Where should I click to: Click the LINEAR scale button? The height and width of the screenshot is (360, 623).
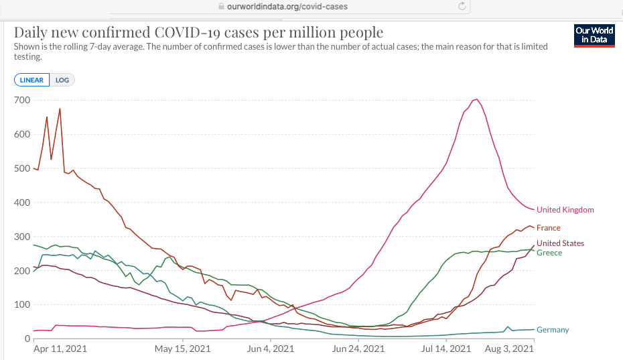coord(31,80)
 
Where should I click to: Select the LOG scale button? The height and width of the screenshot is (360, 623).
coord(62,80)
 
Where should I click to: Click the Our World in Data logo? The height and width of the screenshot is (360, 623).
coord(594,36)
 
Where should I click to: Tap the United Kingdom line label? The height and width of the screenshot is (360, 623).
coord(565,210)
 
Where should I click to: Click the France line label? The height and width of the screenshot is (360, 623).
coord(548,228)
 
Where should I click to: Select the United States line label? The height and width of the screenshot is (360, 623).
coord(560,243)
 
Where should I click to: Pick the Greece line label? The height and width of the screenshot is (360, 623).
coord(549,253)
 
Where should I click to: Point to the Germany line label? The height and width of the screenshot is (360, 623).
coord(553,330)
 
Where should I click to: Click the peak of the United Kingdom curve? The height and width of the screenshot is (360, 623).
coord(476,99)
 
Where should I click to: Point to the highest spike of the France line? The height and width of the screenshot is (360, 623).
coord(60,109)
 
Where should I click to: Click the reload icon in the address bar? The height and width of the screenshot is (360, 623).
coord(462,6)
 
